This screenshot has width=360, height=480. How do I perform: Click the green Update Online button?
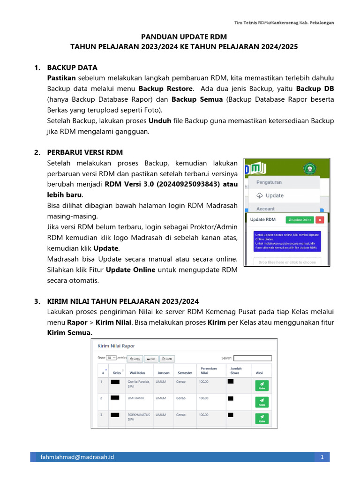[x=300, y=219]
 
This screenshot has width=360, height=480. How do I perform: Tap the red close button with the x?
[x=320, y=219]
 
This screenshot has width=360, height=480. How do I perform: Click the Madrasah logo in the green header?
[x=309, y=169]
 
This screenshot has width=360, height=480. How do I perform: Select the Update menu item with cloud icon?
[x=270, y=195]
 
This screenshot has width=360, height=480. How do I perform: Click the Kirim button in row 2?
[x=262, y=402]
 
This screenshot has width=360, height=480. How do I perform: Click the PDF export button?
[x=150, y=359]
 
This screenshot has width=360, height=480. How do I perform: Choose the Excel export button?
[x=167, y=359]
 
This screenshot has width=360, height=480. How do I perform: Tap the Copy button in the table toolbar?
[x=135, y=359]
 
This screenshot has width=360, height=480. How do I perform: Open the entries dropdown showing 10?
[x=111, y=358]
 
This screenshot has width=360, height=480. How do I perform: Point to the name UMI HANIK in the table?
[x=136, y=398]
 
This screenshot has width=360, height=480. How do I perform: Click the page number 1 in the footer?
[x=322, y=457]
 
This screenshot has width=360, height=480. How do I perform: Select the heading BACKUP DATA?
[x=72, y=67]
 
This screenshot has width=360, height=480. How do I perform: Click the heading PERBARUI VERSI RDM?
[x=85, y=152]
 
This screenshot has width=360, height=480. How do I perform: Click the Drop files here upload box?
[x=287, y=262]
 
